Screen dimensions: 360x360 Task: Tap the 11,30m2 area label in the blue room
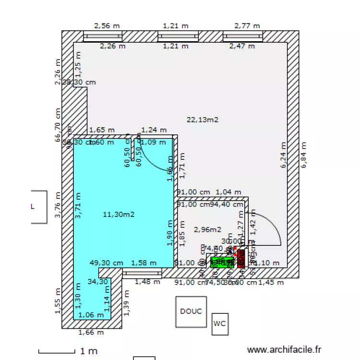pyautogui.click(x=119, y=215)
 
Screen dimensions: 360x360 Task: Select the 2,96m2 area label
pyautogui.click(x=207, y=229)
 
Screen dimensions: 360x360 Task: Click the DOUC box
pyautogui.click(x=191, y=312)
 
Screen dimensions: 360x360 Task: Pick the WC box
pyautogui.click(x=220, y=324)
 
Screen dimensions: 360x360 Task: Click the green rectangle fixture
pyautogui.click(x=222, y=262)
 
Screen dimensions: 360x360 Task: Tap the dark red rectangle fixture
pyautogui.click(x=241, y=258)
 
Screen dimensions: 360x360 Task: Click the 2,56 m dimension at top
pyautogui.click(x=107, y=25)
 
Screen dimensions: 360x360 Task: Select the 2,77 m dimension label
pyautogui.click(x=247, y=25)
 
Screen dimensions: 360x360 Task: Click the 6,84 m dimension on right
pyautogui.click(x=303, y=155)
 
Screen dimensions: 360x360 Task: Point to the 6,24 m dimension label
pyautogui.click(x=284, y=155)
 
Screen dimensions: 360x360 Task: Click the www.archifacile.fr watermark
pyautogui.click(x=284, y=351)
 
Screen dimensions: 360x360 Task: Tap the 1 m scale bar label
pyautogui.click(x=89, y=351)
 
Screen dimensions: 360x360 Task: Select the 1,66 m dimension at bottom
pyautogui.click(x=91, y=332)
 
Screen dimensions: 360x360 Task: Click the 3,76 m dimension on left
pyautogui.click(x=58, y=205)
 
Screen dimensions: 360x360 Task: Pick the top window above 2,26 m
pyautogui.click(x=103, y=36)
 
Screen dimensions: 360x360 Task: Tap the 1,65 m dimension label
pyautogui.click(x=102, y=130)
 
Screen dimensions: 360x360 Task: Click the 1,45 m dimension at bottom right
pyautogui.click(x=271, y=283)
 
